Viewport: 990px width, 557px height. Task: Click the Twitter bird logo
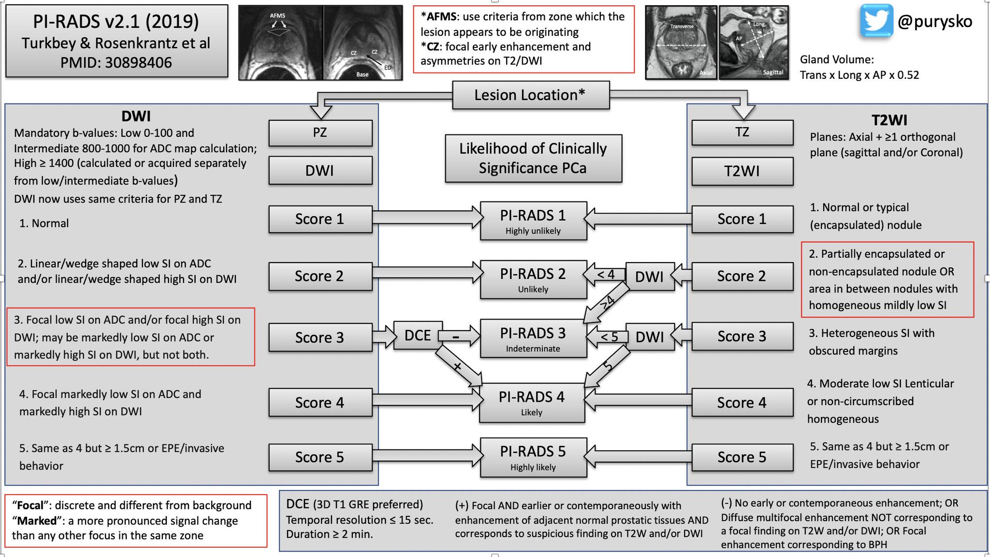pos(876,21)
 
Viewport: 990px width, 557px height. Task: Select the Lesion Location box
pos(531,95)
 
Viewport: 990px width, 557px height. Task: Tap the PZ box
pos(320,132)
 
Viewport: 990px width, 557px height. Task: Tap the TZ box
pos(742,132)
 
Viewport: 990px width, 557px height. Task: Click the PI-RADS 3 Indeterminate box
pos(533,338)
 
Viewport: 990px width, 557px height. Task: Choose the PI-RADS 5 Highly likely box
pos(533,457)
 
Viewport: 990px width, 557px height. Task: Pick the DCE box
pos(418,335)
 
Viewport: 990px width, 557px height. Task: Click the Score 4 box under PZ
pos(320,402)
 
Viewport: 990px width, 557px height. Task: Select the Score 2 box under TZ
pos(742,276)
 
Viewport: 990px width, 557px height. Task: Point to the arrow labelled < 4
pos(605,275)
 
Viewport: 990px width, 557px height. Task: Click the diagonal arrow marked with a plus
pos(458,366)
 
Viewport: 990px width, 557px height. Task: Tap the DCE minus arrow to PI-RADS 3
pos(459,336)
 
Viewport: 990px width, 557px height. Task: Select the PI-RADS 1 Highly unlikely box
pos(533,221)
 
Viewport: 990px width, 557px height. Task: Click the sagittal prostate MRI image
pos(754,42)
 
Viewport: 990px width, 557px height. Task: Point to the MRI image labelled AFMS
pos(281,43)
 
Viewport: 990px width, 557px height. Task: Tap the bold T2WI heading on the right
pos(889,120)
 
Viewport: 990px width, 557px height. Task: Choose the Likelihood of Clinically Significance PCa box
pos(533,158)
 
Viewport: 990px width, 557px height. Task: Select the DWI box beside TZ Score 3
pos(650,337)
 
